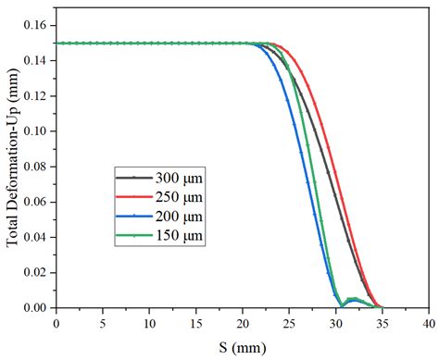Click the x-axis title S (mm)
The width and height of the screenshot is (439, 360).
tap(242, 346)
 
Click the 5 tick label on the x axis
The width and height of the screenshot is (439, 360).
tap(102, 323)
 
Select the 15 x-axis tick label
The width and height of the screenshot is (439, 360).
tap(195, 323)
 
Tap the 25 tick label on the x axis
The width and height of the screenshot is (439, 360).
tap(288, 323)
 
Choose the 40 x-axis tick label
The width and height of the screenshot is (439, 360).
tap(427, 323)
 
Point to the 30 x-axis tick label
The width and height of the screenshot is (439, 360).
tap(334, 323)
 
